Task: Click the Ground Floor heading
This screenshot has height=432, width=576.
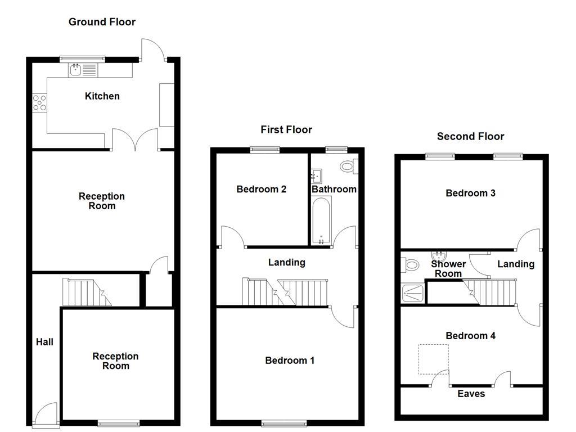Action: pos(102,22)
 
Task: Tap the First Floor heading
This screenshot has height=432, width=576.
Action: pos(286,130)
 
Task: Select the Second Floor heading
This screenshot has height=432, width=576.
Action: pos(470,136)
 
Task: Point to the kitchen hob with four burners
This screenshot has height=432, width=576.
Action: pos(40,102)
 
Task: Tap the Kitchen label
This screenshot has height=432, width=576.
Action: pos(102,96)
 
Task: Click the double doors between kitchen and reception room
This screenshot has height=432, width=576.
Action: pos(135,141)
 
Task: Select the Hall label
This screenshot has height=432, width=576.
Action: pos(44,341)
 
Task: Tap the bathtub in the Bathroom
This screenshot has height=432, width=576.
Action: pos(321,219)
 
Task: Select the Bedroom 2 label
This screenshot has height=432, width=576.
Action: pos(261,189)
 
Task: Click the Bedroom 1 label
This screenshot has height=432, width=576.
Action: pos(290,360)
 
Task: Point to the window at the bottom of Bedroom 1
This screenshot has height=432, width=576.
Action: pos(284,423)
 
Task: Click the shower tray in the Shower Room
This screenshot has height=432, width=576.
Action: pos(413,291)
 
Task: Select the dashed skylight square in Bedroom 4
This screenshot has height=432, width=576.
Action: pos(433,359)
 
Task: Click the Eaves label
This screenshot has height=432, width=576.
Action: pos(471,394)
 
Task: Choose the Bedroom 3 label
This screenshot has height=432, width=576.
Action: pos(470,193)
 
